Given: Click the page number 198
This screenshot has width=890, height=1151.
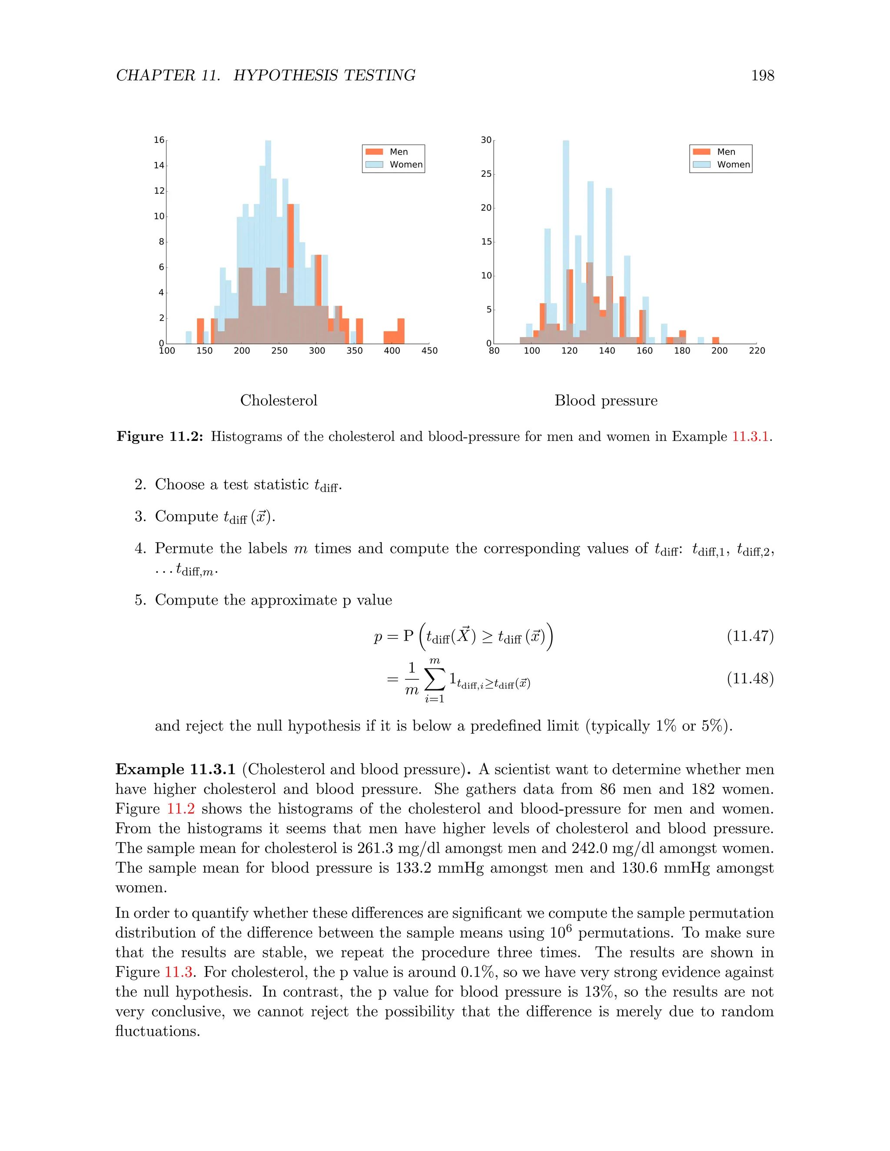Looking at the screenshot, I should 762,76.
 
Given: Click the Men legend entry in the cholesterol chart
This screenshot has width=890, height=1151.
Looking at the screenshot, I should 393,152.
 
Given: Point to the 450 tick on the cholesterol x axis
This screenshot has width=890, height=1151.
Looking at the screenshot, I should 429,351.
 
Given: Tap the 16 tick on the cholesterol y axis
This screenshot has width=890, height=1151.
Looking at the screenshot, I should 159,140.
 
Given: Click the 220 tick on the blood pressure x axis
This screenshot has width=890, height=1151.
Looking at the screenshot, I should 757,351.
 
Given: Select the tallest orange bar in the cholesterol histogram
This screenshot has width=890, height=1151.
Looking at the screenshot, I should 291,237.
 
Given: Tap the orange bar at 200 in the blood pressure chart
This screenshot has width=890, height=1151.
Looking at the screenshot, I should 715,341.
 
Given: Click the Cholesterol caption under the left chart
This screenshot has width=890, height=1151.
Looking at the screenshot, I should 279,400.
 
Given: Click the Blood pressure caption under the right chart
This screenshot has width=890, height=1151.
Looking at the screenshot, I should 606,400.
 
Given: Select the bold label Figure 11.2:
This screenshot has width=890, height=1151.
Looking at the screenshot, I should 160,437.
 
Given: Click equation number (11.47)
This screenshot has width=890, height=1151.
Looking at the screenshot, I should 750,636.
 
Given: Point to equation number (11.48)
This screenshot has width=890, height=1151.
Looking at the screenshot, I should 750,678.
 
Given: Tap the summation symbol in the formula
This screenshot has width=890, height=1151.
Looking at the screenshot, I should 435,679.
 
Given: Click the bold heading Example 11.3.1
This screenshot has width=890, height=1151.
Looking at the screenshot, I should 175,770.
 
